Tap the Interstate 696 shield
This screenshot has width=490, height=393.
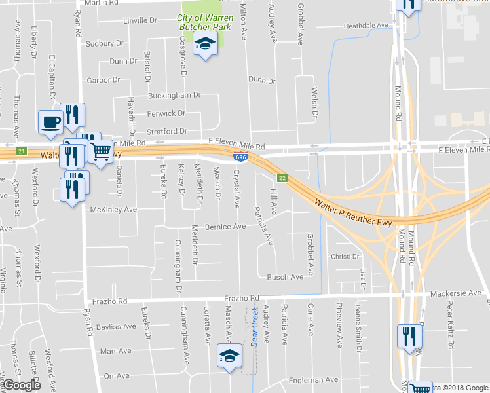(240, 155)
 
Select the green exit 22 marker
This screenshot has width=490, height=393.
(282, 178)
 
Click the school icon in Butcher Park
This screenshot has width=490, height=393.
(206, 45)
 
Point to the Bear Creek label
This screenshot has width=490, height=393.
(255, 327)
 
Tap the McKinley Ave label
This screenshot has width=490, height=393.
(113, 210)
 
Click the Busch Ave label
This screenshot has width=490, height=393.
(285, 277)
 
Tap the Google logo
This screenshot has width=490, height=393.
(21, 385)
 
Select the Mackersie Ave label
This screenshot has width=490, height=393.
(457, 295)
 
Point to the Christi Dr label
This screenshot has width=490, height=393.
(345, 256)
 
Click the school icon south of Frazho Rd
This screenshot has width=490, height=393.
(229, 356)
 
